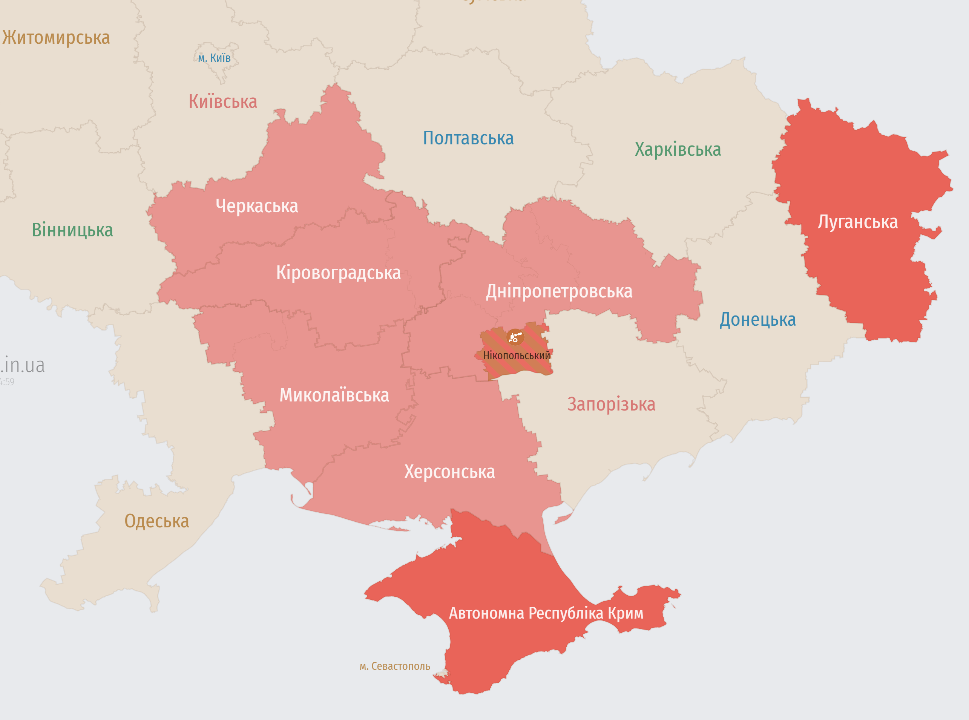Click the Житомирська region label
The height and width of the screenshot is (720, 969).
[56, 38]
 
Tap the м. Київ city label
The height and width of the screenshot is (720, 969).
[214, 58]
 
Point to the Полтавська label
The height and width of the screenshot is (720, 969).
[468, 138]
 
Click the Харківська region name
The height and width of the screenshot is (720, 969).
[678, 150]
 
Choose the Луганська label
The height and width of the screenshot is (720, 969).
[857, 222]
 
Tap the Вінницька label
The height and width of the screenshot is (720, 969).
[72, 230]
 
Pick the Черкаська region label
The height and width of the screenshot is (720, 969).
[257, 206]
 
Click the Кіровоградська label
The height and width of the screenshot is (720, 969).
[338, 273]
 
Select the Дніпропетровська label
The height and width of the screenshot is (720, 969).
[559, 291]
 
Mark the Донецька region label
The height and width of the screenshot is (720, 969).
[757, 319]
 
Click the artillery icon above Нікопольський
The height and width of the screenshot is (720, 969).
[515, 337]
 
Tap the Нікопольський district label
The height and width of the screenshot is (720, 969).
[517, 355]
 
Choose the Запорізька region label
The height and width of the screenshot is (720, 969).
[611, 404]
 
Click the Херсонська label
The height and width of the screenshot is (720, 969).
[449, 472]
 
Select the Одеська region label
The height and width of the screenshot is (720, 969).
[156, 521]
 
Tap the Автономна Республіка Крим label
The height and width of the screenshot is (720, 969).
[546, 613]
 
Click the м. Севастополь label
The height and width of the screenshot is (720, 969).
[394, 666]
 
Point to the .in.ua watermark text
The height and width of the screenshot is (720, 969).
[23, 365]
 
